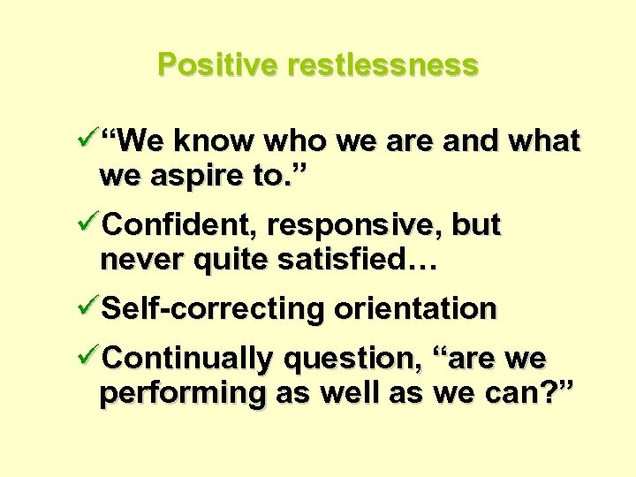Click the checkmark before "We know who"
coord(87,140)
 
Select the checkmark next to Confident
coord(87,224)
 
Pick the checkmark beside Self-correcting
coord(87,308)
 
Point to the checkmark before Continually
coord(87,358)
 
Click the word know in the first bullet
coord(212,140)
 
